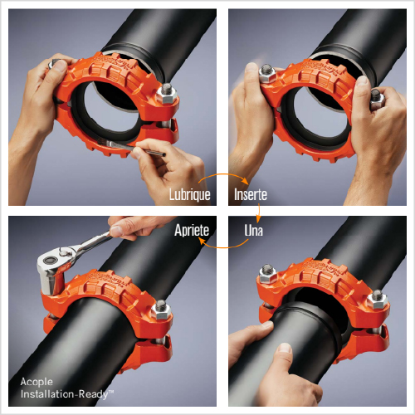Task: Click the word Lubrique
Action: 190,194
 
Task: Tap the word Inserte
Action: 251,194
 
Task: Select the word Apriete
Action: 192,230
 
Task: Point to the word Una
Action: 253,230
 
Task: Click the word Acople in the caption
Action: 37,382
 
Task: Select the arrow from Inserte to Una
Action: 258,213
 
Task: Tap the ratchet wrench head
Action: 52,266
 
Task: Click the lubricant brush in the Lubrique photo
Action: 131,148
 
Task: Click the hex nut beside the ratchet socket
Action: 161,310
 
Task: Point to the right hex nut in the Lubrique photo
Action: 167,94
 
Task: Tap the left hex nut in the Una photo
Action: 267,273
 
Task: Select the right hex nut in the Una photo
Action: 378,300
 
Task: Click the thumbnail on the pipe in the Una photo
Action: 285,348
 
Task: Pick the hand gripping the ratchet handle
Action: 139,226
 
